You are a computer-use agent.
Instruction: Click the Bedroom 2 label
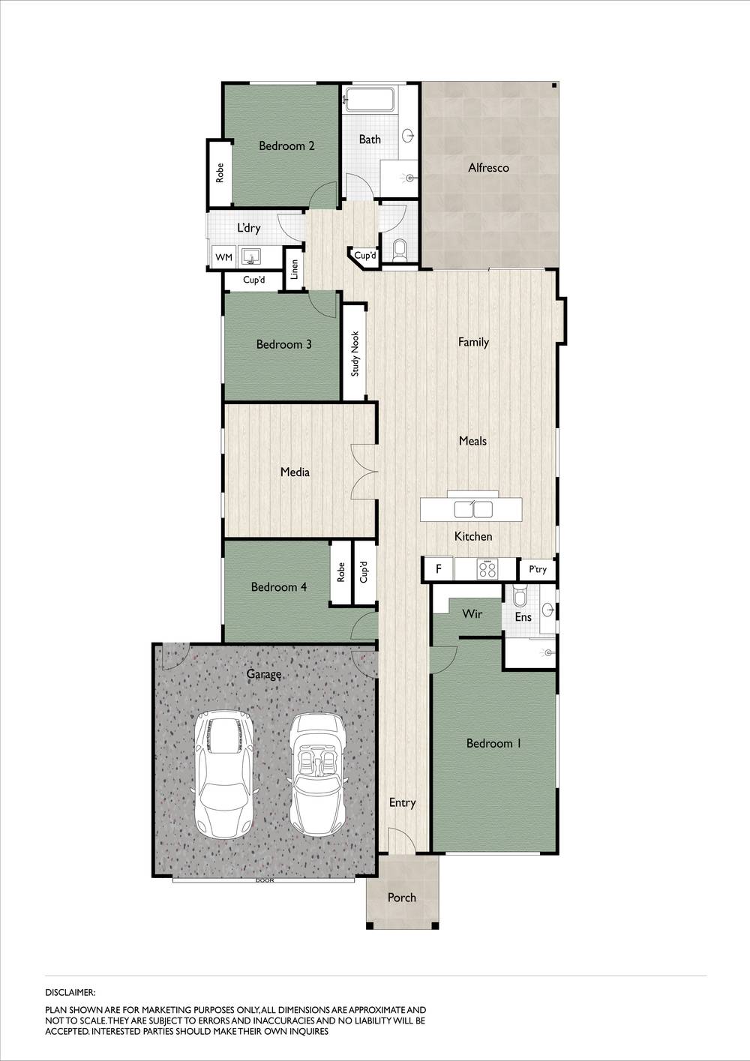pos(286,145)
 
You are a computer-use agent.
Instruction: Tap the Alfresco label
pos(488,167)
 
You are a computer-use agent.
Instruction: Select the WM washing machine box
pos(223,258)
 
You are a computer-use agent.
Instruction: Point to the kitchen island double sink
pos(472,510)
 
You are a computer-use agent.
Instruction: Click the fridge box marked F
pos(439,569)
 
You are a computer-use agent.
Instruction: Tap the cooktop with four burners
pos(487,569)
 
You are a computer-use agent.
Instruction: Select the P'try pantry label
pos(538,570)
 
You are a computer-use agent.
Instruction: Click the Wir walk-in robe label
pos(472,614)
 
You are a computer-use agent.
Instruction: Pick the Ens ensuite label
pos(523,616)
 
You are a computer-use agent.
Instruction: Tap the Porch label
pos(401,897)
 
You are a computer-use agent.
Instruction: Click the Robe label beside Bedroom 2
pos(220,173)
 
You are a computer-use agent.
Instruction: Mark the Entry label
pos(402,802)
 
